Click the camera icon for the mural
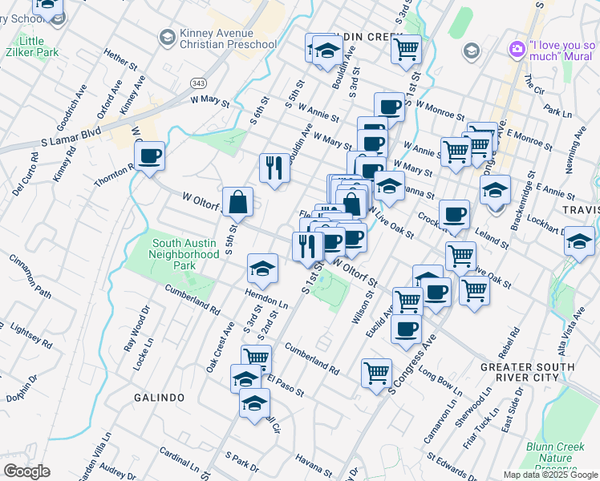(517, 50)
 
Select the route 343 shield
(199, 83)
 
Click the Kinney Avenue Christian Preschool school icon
(167, 38)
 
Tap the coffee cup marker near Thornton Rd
(150, 156)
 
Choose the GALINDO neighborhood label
(160, 398)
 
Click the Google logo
(27, 471)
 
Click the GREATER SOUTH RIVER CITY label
(549, 372)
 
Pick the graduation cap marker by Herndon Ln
(262, 271)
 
